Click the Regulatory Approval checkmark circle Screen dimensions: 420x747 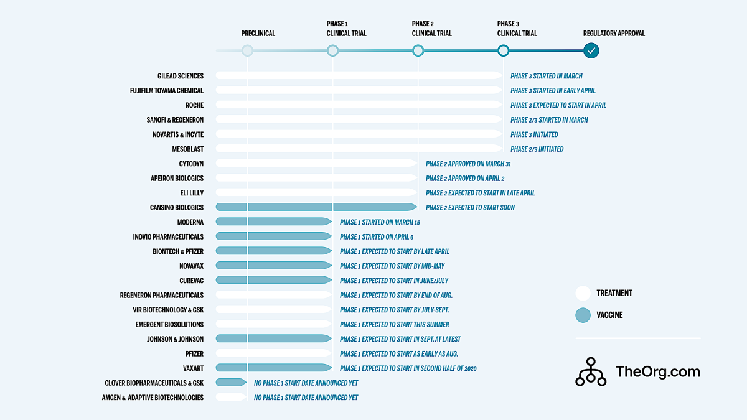coord(591,50)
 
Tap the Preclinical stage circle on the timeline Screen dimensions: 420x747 coord(248,50)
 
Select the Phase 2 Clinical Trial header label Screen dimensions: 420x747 coord(431,29)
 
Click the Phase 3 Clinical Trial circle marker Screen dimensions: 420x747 coord(503,50)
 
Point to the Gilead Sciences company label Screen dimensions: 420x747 coord(181,76)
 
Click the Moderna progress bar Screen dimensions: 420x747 coord(273,222)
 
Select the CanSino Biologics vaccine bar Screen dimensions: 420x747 coord(316,207)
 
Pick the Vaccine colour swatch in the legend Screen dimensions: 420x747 coord(583,315)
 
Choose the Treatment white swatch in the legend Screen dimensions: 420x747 coord(583,293)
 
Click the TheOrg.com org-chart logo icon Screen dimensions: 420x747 coord(591,371)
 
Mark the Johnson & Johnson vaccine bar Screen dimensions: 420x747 coord(273,338)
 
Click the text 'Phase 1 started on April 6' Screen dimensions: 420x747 coord(377,236)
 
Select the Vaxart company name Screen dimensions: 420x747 coord(193,368)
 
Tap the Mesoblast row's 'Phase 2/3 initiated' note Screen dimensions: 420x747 coord(537,149)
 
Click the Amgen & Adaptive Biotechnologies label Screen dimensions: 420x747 coord(153,397)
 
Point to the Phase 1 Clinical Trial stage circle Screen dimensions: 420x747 coord(333,50)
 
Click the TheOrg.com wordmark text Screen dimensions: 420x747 coord(657,371)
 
